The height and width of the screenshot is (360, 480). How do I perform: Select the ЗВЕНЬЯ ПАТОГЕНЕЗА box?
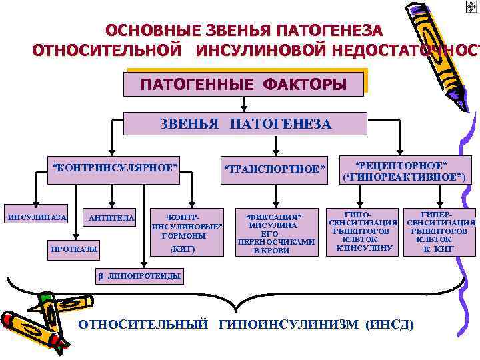coord(245,124)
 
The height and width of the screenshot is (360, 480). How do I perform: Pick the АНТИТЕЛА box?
coord(111,218)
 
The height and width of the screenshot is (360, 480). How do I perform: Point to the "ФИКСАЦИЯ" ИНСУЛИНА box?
coord(274,233)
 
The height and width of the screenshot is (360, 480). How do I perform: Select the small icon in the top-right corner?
coord(471,6)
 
